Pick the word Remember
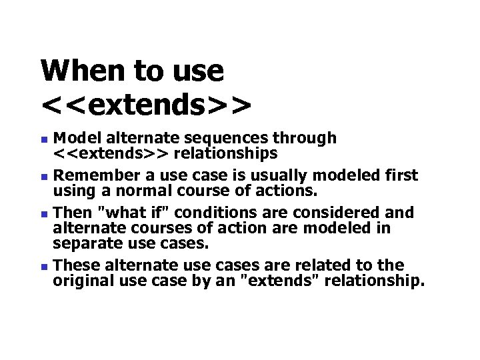coord(88,175)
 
